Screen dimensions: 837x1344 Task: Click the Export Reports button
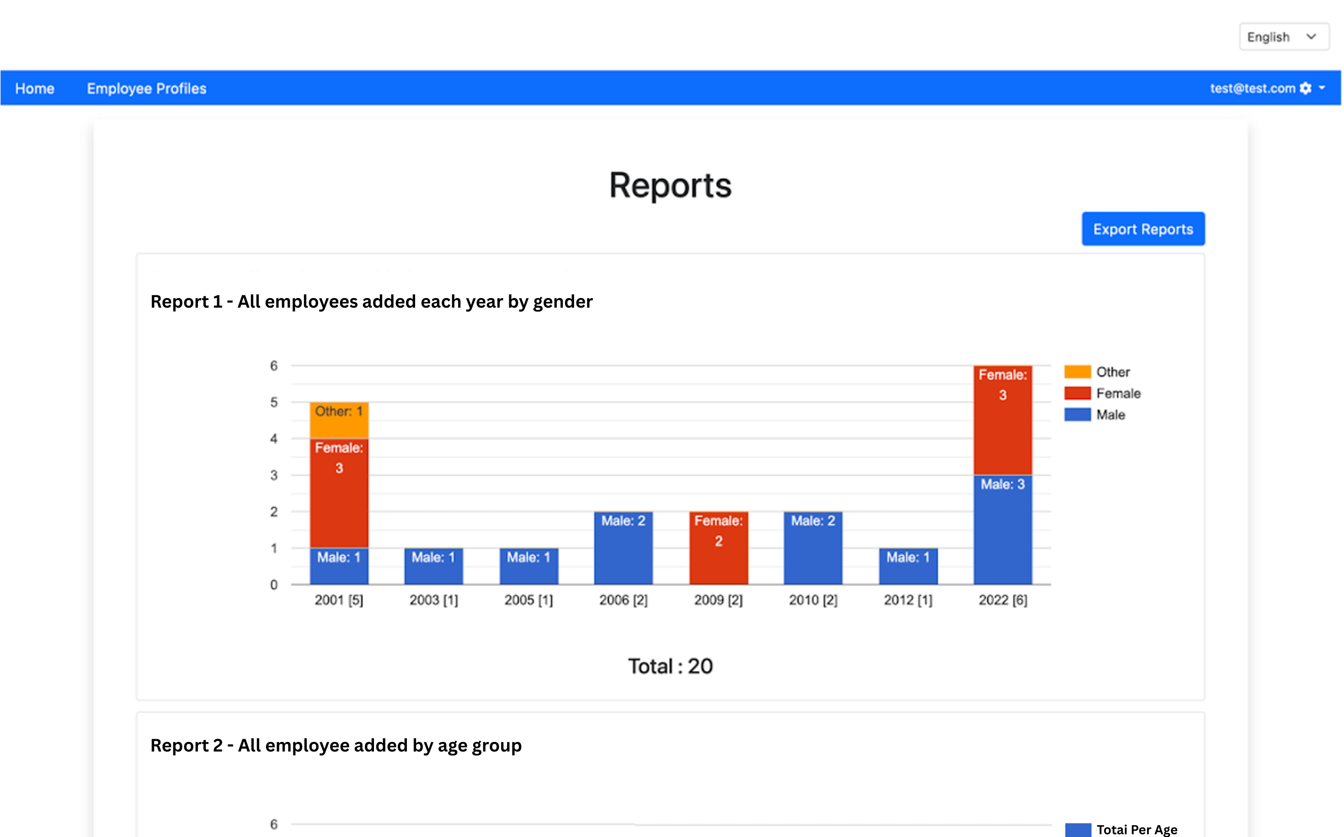coord(1142,229)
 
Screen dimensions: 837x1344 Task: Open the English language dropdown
coord(1283,37)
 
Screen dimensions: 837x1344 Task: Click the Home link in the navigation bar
coord(34,89)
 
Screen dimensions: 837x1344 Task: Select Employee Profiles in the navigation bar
coord(147,89)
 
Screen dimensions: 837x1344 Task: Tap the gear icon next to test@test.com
coord(1305,89)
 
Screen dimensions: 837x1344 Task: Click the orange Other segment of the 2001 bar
coord(339,421)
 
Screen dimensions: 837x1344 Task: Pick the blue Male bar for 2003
coord(433,566)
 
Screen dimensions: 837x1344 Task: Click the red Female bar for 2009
coord(718,548)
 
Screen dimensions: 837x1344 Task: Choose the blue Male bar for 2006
coord(623,548)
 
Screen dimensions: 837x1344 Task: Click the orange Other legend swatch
coord(1077,372)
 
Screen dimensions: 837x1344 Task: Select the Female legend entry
coord(1118,393)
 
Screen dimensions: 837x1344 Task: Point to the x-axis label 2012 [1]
coord(908,600)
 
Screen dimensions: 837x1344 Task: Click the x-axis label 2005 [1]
coord(528,600)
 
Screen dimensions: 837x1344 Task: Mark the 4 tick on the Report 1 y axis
coord(274,439)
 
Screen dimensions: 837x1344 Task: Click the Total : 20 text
coord(670,666)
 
